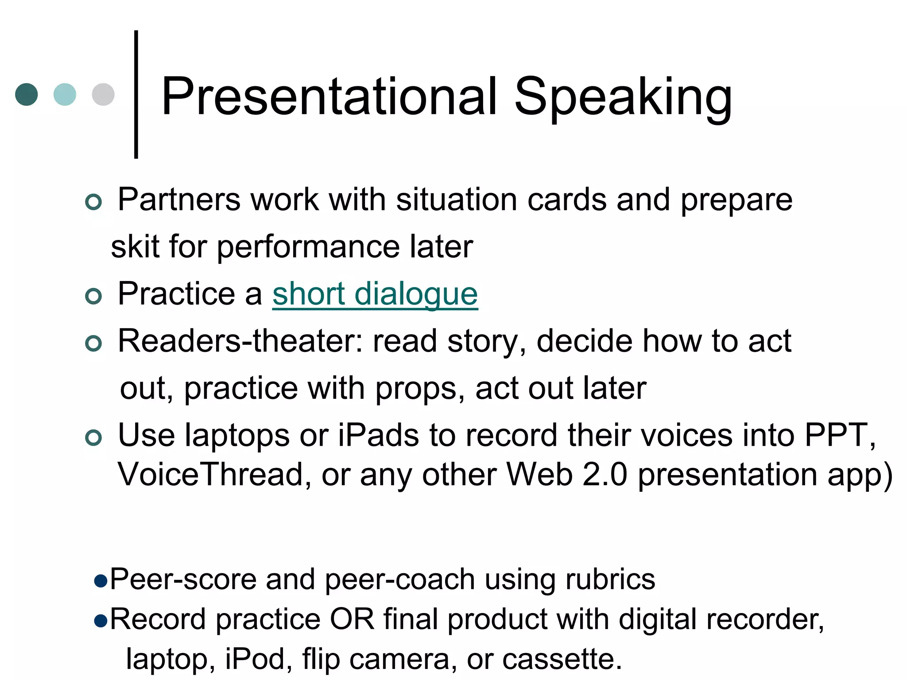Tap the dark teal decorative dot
coord(27,94)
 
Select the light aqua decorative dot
coord(65,94)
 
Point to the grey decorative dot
coord(103,94)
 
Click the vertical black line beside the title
coord(136,94)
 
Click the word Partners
coord(179,200)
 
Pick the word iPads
coord(378,435)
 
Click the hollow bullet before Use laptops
coord(93,438)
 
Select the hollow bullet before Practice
coord(93,296)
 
